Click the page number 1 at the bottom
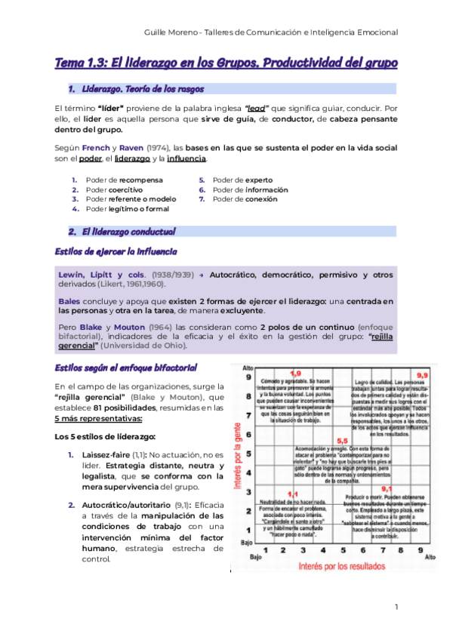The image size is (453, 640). (396, 607)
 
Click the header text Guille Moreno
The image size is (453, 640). (175, 32)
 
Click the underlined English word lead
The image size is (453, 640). (276, 108)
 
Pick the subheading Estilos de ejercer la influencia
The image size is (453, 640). (116, 251)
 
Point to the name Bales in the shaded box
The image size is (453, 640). (69, 300)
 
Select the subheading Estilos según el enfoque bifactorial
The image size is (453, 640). (126, 368)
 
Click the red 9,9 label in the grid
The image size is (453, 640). (421, 375)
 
